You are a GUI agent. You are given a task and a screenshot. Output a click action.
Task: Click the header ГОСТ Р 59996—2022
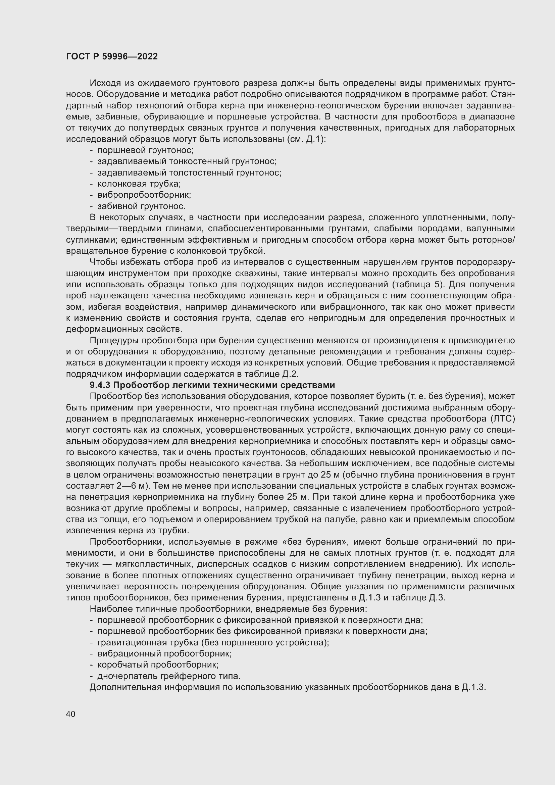[112, 57]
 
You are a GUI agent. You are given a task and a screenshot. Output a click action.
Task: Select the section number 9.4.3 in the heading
[100, 385]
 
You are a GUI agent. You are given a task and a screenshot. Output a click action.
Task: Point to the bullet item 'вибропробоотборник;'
[144, 195]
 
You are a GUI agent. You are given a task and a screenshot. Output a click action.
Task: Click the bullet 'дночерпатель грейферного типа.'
[169, 676]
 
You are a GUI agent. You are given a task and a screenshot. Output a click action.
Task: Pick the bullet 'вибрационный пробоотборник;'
[164, 653]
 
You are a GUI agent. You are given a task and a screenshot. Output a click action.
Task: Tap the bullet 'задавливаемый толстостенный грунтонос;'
[189, 173]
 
